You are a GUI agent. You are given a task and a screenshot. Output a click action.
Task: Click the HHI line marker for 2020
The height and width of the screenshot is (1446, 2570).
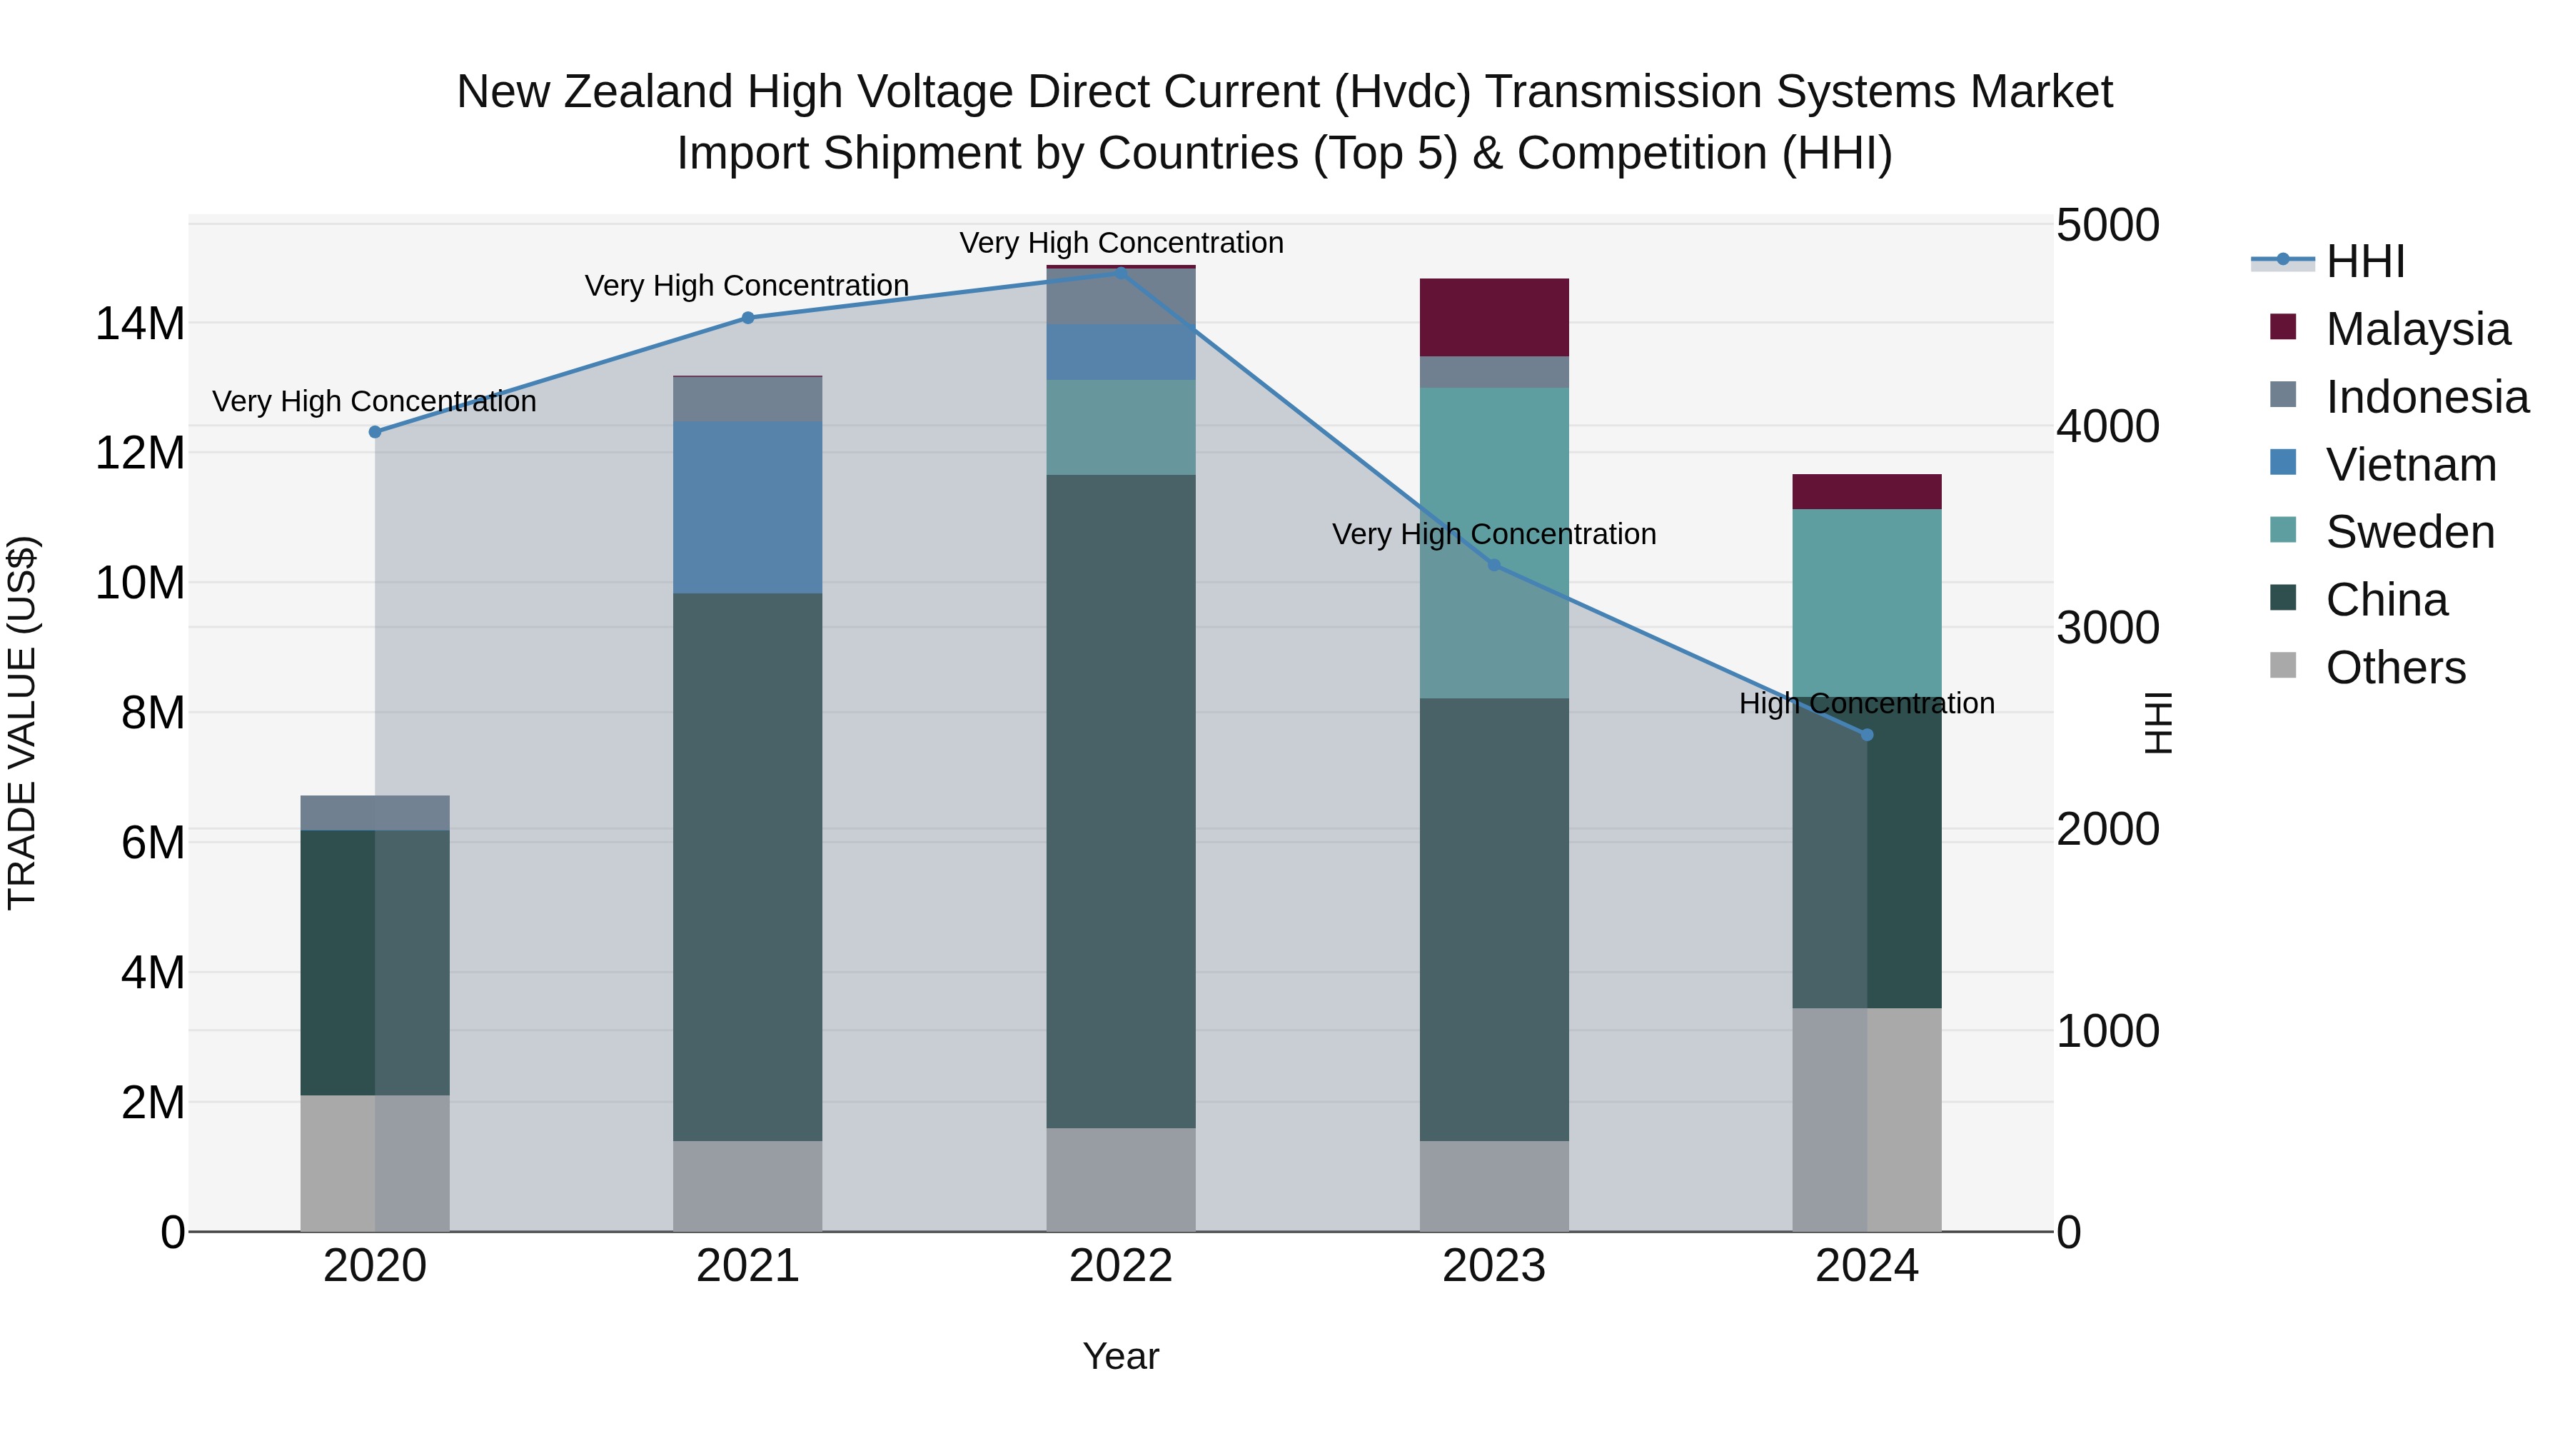click(375, 432)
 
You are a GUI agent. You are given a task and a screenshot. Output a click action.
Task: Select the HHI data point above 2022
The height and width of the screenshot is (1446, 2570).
click(1120, 273)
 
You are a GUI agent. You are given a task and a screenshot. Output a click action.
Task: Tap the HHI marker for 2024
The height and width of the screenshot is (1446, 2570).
click(1867, 735)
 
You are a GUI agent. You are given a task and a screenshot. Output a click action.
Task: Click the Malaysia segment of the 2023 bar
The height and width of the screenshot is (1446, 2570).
click(1493, 317)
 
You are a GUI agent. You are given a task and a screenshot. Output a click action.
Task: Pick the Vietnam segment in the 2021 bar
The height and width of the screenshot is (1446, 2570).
click(747, 507)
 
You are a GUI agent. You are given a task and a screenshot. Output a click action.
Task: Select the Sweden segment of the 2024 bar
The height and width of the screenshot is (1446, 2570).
click(1867, 603)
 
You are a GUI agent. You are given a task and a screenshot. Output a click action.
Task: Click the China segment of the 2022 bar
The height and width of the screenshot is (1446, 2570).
click(1120, 800)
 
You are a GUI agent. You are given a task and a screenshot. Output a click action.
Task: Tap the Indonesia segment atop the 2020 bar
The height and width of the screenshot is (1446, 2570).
click(375, 813)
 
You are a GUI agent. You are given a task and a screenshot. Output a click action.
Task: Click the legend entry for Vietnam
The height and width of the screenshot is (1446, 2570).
click(2410, 465)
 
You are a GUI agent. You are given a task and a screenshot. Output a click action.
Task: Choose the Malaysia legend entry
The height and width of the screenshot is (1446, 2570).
click(2417, 329)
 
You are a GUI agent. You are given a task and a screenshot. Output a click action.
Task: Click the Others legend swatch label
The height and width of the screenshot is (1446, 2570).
click(2395, 668)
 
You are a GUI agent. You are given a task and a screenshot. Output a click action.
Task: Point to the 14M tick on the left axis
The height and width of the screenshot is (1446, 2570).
click(140, 324)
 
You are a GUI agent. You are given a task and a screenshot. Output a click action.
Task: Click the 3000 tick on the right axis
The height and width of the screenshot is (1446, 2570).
click(2107, 628)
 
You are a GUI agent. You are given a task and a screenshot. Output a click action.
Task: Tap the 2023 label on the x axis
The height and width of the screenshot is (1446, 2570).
click(1493, 1266)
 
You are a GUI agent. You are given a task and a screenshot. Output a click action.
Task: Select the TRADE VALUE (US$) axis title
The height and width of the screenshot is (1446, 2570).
click(22, 723)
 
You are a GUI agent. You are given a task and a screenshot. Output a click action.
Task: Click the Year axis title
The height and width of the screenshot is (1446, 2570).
click(1120, 1356)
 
